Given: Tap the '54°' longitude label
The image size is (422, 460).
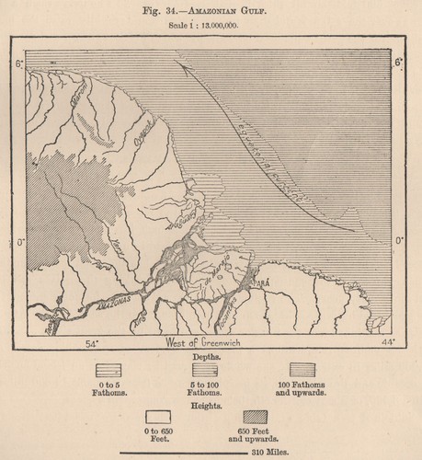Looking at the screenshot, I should point(92,342).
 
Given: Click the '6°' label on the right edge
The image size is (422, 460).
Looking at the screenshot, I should point(398,63).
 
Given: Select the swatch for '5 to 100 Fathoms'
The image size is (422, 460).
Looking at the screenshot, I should point(211,370).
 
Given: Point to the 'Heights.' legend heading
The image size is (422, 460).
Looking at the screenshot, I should point(207,403).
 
